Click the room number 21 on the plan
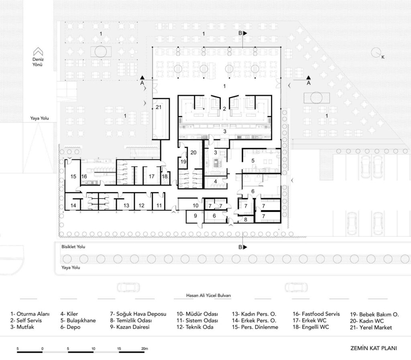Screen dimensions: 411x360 [159, 107]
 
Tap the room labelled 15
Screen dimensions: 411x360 [73, 176]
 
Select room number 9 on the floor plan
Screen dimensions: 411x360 [195, 216]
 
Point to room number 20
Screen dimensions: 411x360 [193, 152]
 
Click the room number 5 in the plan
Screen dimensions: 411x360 [253, 161]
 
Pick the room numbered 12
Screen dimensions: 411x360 [142, 205]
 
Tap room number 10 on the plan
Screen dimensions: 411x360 [195, 205]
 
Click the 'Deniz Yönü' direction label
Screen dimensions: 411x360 [38, 62]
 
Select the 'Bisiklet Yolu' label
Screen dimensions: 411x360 [73, 247]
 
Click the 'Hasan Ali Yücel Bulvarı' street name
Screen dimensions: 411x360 [209, 295]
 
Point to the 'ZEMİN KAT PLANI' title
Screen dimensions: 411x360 [374, 348]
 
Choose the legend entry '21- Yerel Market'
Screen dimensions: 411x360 [371, 327]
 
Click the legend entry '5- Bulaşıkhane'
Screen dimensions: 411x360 [78, 320]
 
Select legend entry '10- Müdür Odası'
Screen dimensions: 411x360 [197, 314]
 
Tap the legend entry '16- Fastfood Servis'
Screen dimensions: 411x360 [316, 314]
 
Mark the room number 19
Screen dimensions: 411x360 [183, 162]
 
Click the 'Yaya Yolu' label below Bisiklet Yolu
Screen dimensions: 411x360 [71, 267]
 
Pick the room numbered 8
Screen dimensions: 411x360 [246, 219]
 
